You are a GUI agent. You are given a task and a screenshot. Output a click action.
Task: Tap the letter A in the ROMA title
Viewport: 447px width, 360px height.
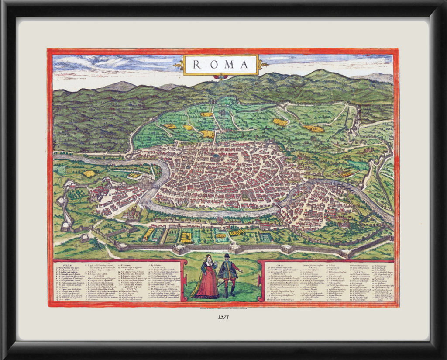[243, 65]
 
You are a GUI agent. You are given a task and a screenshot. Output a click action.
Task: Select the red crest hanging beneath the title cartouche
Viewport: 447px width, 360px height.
[220, 77]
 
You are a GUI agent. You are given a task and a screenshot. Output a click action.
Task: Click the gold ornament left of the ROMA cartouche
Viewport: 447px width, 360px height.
[179, 66]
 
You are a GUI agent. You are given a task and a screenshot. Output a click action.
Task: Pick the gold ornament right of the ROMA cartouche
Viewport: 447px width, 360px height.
[262, 65]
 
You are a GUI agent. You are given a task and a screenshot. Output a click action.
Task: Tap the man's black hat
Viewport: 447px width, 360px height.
[227, 256]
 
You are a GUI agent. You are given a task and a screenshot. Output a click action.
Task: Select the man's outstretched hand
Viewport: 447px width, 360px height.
[241, 271]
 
